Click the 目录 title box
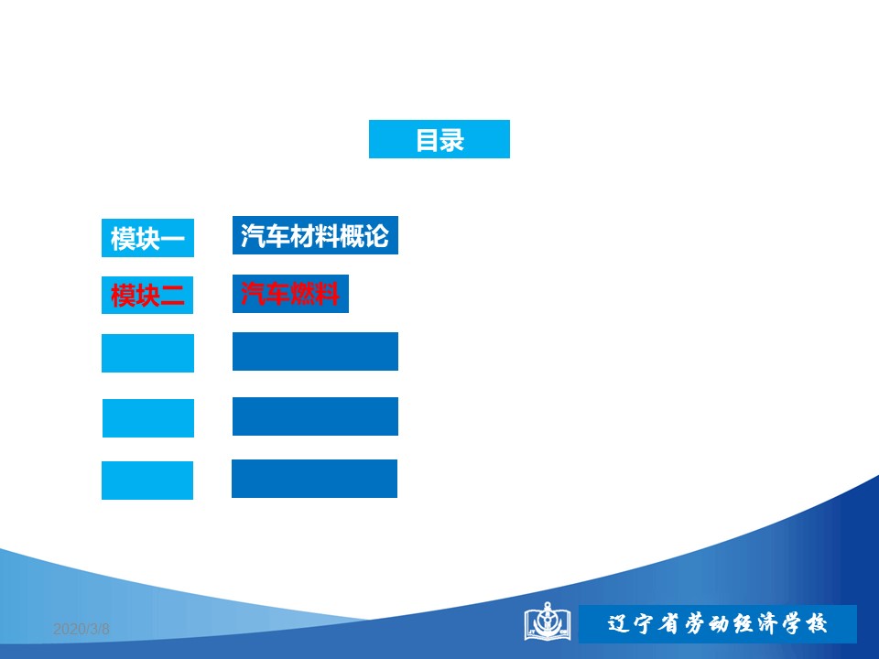pos(439,139)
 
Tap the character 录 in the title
pos(452,140)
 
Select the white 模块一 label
pos(147,238)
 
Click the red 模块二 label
pos(147,295)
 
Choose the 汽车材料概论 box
pos(315,235)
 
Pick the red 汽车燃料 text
pos(290,294)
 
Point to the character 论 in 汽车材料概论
pos(376,236)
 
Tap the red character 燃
pos(303,294)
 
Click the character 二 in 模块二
pos(173,296)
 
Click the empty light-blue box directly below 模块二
pos(147,353)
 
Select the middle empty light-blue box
pos(148,418)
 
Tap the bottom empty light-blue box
pos(147,481)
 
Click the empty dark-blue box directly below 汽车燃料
pos(315,351)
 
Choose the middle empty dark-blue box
pos(315,416)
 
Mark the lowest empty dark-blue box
pos(314,479)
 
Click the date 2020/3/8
pos(81,630)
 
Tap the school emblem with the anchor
pos(548,621)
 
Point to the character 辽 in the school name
pos(618,623)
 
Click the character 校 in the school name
pos(816,623)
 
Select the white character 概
pos(351,236)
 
